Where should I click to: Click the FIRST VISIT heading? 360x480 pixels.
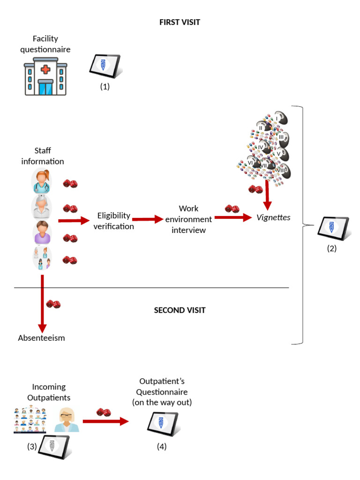click(180, 22)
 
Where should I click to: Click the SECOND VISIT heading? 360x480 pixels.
click(180, 310)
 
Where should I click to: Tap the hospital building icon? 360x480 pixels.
click(45, 76)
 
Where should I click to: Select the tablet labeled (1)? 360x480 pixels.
click(105, 66)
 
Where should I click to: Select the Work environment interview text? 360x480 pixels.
click(188, 219)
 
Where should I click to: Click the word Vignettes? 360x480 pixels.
click(273, 217)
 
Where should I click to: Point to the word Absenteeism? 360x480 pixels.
click(41, 338)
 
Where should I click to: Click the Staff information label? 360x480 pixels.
click(43, 156)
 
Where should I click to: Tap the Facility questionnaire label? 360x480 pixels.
click(45, 44)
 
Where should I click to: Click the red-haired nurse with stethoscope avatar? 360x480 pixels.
click(42, 181)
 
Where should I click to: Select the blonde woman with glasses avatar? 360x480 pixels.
click(67, 420)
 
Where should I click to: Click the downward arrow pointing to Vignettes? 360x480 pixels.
click(267, 194)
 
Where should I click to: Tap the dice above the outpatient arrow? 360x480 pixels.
click(104, 412)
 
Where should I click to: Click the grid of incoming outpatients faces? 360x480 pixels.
click(30, 419)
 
